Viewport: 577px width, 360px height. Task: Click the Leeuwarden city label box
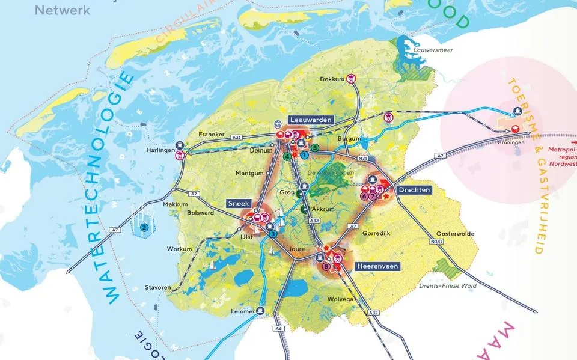(310, 120)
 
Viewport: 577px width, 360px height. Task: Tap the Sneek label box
(239, 204)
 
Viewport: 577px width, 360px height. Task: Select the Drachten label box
(414, 190)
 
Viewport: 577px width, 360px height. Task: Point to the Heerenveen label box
(377, 266)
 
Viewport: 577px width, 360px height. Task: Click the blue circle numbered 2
(144, 227)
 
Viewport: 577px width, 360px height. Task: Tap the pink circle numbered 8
(326, 266)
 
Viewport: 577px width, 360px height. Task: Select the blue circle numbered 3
(273, 234)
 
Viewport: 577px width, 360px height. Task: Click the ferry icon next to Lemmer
(260, 311)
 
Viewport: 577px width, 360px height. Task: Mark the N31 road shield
(362, 158)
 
